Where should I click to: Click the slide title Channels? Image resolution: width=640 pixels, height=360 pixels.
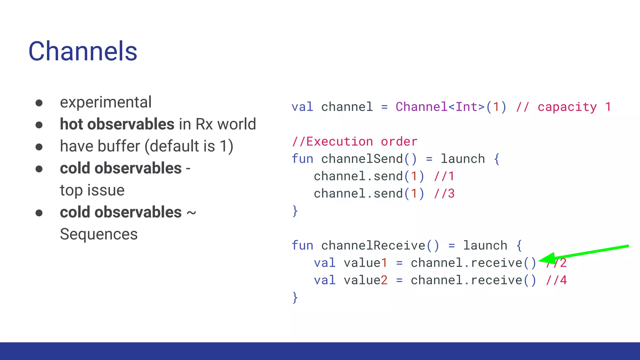coord(83,51)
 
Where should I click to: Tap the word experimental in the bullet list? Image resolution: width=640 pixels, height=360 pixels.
coord(106,102)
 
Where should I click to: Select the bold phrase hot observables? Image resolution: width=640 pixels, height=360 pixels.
coord(117,124)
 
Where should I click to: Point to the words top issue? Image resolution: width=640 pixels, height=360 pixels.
coord(92,190)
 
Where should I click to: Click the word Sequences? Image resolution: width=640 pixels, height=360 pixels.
coord(99,234)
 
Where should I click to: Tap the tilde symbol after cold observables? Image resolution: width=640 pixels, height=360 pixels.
coord(191,213)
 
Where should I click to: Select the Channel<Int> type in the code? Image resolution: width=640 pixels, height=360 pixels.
coord(440,107)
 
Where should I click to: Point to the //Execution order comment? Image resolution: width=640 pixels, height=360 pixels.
coord(354,142)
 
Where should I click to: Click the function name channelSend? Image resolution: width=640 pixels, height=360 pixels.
coord(362,159)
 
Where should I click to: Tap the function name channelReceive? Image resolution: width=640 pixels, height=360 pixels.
coord(373,245)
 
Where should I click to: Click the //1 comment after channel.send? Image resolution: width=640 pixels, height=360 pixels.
coord(444,176)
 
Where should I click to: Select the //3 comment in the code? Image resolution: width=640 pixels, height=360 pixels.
coord(444,193)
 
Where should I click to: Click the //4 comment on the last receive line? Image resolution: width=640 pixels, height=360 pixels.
coord(556,280)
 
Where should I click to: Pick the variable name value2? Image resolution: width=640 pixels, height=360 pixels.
coord(366,280)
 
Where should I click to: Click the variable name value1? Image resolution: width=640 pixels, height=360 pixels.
coord(366,263)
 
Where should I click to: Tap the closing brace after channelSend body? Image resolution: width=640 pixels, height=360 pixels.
coord(295,211)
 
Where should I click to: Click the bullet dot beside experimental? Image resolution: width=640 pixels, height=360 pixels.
coord(39,103)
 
